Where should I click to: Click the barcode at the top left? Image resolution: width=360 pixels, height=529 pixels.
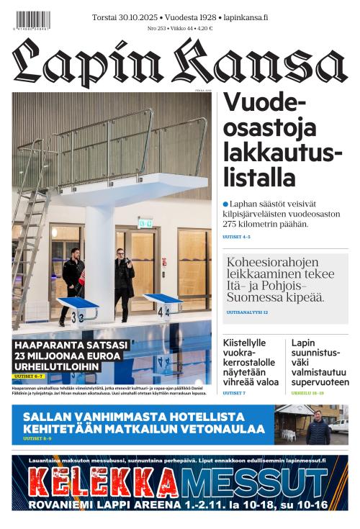[32, 20]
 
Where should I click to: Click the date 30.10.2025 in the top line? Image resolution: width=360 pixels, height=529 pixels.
[140, 17]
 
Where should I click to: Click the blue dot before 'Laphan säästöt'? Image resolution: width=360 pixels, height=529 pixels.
[225, 204]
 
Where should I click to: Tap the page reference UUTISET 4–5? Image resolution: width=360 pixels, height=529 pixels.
[236, 236]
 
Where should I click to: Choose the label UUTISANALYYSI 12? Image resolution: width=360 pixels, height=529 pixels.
[247, 312]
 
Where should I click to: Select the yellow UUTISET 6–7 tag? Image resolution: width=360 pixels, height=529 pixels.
[30, 376]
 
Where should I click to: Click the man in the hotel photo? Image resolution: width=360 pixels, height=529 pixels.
[318, 428]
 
